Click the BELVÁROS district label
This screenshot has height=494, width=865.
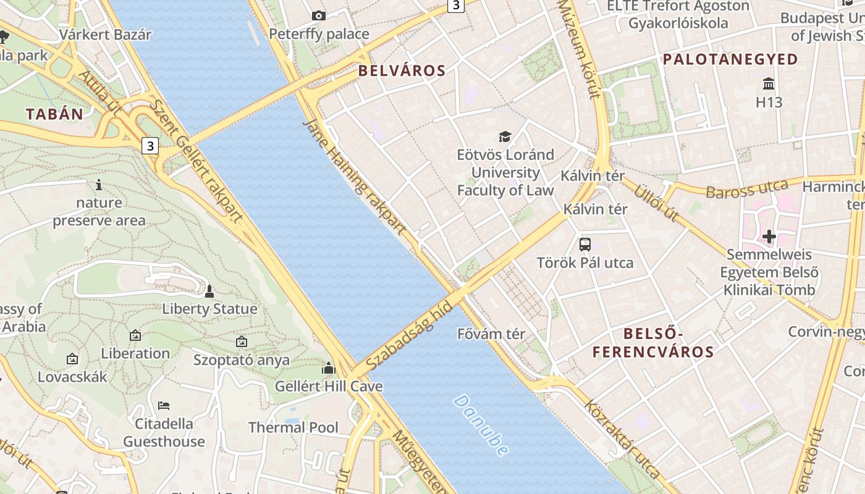(402, 70)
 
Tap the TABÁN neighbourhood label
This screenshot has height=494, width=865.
(54, 114)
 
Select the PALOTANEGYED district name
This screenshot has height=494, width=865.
(730, 59)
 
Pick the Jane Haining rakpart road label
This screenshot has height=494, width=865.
(355, 177)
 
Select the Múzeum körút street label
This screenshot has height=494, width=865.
(579, 49)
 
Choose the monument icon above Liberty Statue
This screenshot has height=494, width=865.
(209, 291)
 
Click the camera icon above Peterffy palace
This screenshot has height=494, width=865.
(319, 15)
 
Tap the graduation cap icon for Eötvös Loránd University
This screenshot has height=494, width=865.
(505, 136)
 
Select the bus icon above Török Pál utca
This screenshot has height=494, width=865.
(585, 244)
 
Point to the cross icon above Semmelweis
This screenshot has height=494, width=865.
(769, 236)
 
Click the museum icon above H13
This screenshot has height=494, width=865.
(769, 83)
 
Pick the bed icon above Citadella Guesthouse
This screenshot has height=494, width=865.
(164, 406)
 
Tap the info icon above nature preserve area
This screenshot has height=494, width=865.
(99, 185)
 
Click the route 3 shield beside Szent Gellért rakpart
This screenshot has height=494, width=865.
(150, 146)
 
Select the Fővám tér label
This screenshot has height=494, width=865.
(491, 334)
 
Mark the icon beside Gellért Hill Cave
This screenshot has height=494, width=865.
(329, 369)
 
